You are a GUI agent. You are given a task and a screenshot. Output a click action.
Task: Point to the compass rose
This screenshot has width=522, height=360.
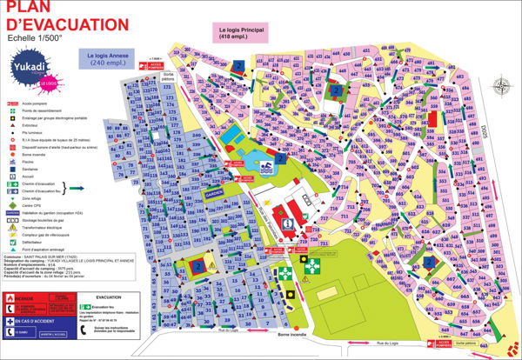(x=499, y=85)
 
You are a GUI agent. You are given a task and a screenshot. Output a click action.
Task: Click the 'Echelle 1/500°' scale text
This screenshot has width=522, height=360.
(x=36, y=38)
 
